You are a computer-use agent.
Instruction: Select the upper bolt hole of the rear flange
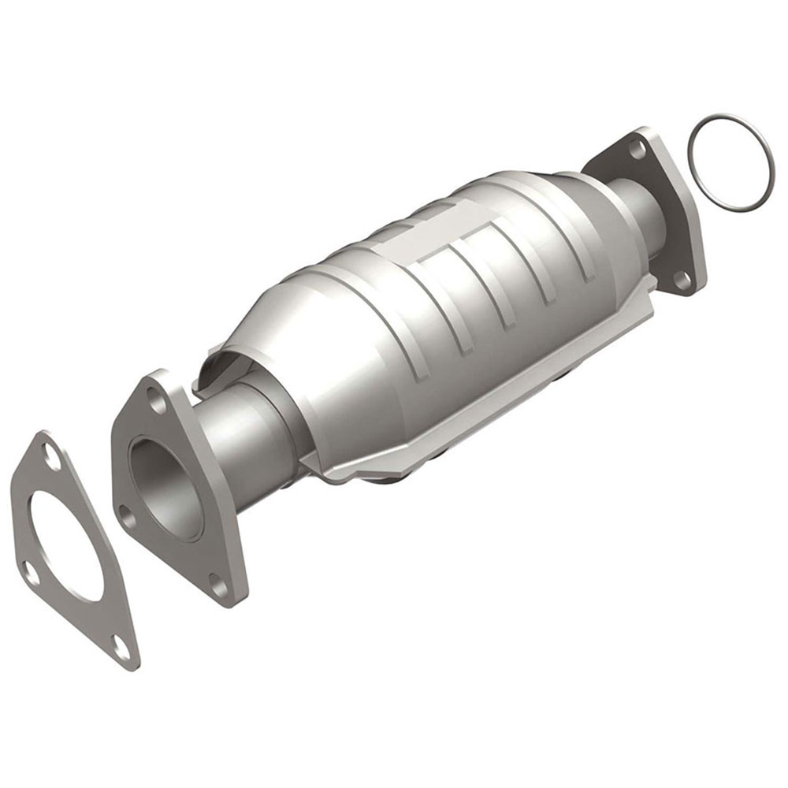[x=637, y=147]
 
